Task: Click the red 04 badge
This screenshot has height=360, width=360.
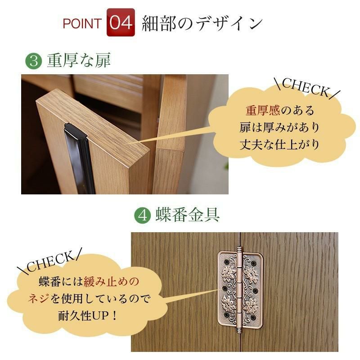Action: (x=121, y=22)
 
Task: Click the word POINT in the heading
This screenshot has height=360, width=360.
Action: (x=82, y=23)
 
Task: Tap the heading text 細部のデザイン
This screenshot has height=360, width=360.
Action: (x=202, y=23)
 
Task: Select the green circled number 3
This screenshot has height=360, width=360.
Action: (x=33, y=61)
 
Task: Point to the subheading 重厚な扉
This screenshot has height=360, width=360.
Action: (x=79, y=60)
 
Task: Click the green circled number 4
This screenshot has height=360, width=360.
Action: (x=142, y=216)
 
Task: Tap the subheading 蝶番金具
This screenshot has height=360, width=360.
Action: (x=187, y=215)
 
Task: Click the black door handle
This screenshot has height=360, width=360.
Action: (x=80, y=159)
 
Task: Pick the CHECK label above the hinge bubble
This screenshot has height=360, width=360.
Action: (x=49, y=261)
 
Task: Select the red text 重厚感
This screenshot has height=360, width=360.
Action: (x=263, y=110)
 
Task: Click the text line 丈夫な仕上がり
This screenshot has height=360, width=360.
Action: (x=279, y=145)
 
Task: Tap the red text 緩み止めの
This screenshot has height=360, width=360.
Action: (x=111, y=282)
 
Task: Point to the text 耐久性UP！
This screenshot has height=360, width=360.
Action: (x=88, y=316)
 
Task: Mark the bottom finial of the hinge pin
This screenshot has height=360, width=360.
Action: (x=239, y=329)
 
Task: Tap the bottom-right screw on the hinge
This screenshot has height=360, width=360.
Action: (x=253, y=318)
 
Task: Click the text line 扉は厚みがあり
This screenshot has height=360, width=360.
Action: (x=279, y=127)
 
